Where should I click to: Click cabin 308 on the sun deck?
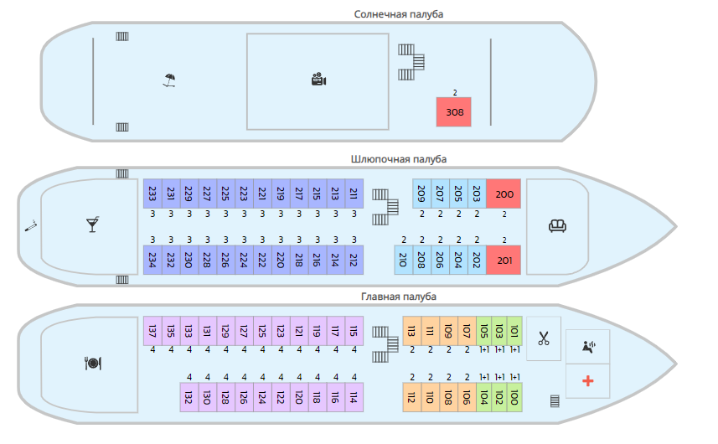pos(454,112)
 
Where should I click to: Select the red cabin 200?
pos(504,194)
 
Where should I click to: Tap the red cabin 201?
pos(504,260)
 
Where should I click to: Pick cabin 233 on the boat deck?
pos(152,194)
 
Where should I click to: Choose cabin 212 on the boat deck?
pos(354,260)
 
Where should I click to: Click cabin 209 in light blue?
pos(421,194)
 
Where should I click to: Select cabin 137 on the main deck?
pos(152,331)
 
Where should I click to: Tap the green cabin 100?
pos(514,396)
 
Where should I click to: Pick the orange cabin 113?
pos(411,331)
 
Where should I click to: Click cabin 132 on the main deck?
pos(189,396)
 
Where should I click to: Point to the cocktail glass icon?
pos(92,225)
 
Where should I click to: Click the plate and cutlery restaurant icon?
pos(92,363)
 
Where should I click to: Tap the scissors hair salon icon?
pos(544,338)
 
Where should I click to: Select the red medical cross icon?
pos(587,381)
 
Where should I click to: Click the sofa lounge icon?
pos(556,225)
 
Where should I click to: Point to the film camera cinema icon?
pos(318,80)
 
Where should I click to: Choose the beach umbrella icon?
pos(169,80)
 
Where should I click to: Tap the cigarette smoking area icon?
pos(31,226)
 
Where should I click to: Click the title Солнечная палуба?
pos(399,14)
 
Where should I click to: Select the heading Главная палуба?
pos(399,297)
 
